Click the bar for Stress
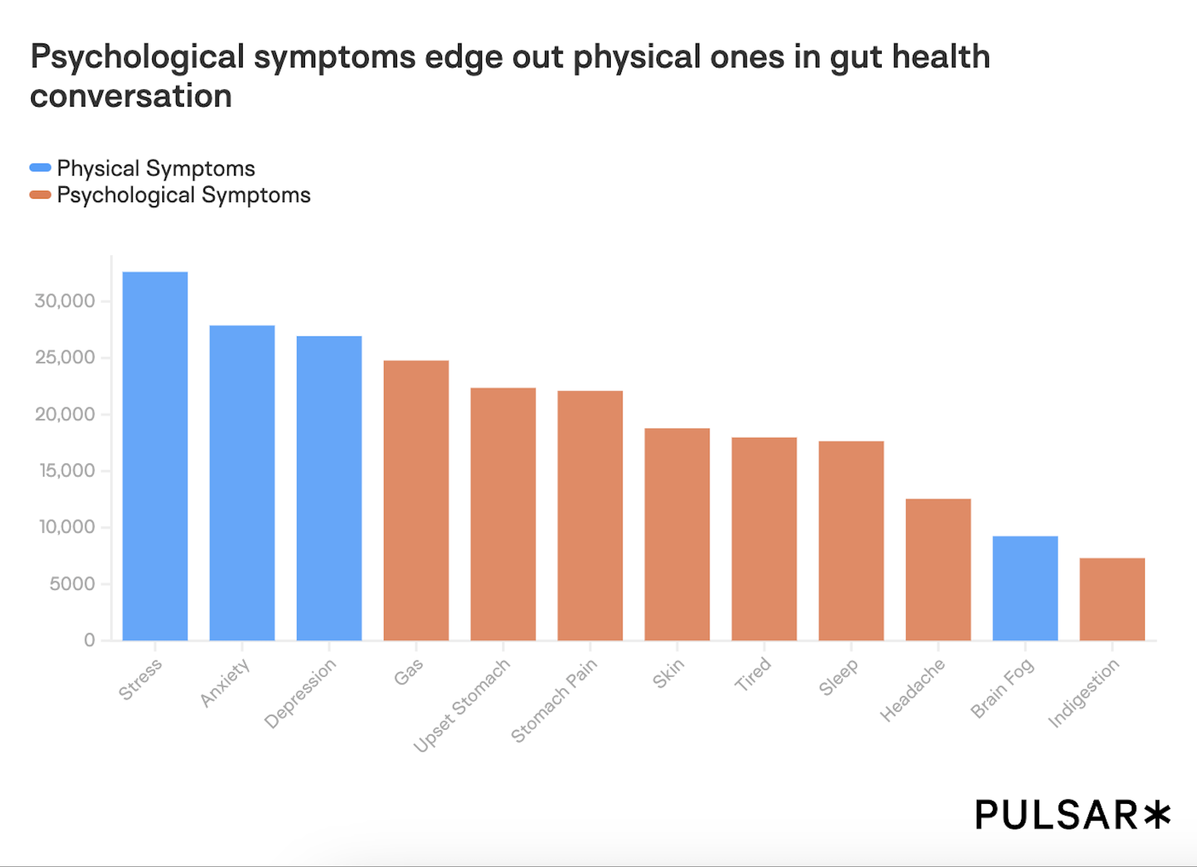[x=155, y=456]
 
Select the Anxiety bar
[x=242, y=483]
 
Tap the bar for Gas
[x=416, y=500]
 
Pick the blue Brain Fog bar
[x=1025, y=588]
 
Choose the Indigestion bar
[x=1111, y=599]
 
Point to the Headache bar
[x=938, y=569]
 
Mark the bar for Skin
[x=677, y=534]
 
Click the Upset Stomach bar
[x=503, y=514]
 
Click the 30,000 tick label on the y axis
[x=64, y=301]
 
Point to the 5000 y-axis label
[x=72, y=584]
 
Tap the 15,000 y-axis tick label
[x=67, y=470]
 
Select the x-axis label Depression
[x=300, y=693]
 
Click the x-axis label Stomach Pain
[x=554, y=700]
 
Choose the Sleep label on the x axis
[x=838, y=677]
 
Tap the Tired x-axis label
[x=753, y=674]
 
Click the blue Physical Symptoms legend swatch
[x=40, y=168]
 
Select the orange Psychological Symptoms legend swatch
[x=40, y=194]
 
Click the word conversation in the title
[x=131, y=96]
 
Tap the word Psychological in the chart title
[x=138, y=57]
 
